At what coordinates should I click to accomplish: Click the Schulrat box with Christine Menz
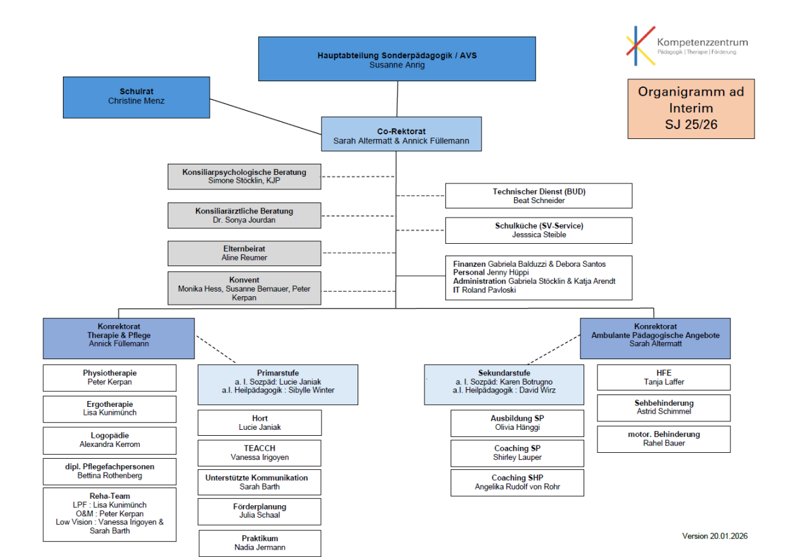[136, 97]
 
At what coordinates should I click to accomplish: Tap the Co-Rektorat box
[401, 136]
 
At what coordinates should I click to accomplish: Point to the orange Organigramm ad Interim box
[690, 109]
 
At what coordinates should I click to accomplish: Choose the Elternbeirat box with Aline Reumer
[244, 253]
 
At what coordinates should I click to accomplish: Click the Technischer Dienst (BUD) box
[538, 196]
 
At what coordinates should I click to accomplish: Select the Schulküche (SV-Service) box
[538, 230]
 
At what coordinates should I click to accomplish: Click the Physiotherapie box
[109, 377]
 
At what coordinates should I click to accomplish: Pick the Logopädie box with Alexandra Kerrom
[109, 440]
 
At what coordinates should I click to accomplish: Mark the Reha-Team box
[109, 514]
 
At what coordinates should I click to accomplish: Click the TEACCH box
[259, 453]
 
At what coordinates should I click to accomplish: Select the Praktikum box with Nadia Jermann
[259, 543]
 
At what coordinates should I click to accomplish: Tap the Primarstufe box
[278, 385]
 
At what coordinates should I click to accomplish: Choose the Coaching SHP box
[517, 482]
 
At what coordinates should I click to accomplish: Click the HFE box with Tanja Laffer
[663, 377]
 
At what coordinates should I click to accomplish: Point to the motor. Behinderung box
[663, 439]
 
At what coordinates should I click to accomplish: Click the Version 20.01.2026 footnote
[715, 536]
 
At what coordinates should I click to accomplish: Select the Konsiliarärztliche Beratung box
[244, 216]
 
